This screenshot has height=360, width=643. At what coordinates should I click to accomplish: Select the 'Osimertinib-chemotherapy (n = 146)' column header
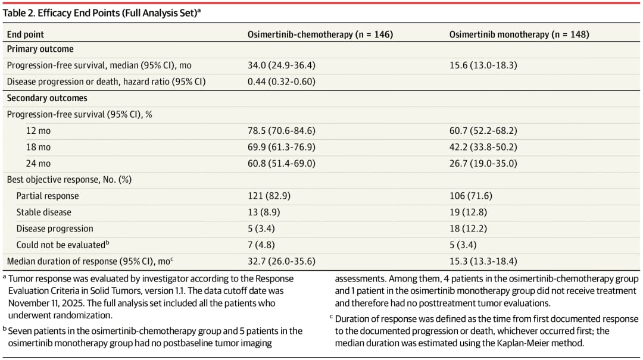[x=320, y=35]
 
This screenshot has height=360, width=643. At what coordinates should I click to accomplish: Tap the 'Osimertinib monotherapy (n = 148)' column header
[x=519, y=35]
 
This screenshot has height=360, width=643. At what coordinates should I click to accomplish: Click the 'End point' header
[x=26, y=35]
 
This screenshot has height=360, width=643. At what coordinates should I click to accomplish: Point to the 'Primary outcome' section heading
[x=40, y=49]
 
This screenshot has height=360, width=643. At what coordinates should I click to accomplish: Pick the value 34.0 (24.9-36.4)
[x=281, y=65]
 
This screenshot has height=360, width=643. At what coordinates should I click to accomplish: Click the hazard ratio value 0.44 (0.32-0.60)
[x=281, y=82]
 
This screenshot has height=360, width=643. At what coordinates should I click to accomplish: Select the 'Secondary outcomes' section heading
[x=47, y=98]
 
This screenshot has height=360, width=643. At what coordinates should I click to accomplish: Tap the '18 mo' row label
[x=38, y=147]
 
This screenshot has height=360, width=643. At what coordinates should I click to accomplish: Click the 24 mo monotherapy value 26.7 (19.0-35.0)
[x=483, y=164]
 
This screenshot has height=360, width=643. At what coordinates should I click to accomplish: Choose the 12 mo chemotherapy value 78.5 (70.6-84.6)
[x=281, y=131]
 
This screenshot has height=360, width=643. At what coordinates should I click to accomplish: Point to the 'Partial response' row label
[x=48, y=196]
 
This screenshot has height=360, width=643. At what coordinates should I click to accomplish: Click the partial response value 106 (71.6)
[x=470, y=196]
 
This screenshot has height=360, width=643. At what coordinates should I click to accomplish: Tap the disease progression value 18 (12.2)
[x=468, y=228]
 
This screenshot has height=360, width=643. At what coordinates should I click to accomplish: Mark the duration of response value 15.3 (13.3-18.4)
[x=483, y=261]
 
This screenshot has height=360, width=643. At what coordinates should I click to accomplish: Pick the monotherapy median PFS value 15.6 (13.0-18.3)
[x=483, y=65]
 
